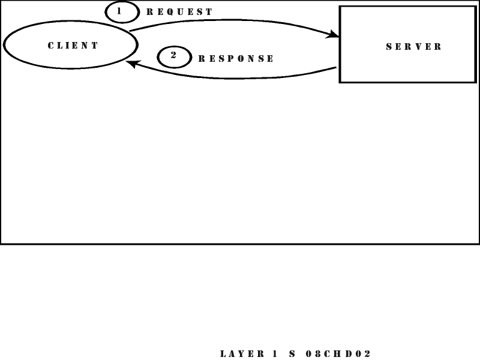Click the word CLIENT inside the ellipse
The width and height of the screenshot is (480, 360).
73,46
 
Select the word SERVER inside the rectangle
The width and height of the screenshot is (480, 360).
414,46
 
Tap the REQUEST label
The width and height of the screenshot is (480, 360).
179,12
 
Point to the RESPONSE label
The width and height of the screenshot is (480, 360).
236,59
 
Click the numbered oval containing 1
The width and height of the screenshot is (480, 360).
122,12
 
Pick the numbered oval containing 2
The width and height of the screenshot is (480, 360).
174,57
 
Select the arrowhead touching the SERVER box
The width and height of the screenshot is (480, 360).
333,35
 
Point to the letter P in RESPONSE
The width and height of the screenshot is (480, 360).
226,59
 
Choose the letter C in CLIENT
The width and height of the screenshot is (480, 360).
51,46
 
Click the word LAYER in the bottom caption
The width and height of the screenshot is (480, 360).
242,354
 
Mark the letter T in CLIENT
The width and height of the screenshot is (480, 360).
95,46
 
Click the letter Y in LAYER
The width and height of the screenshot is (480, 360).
242,354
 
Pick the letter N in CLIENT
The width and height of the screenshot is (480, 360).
86,46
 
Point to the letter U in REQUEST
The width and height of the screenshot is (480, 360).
179,12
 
